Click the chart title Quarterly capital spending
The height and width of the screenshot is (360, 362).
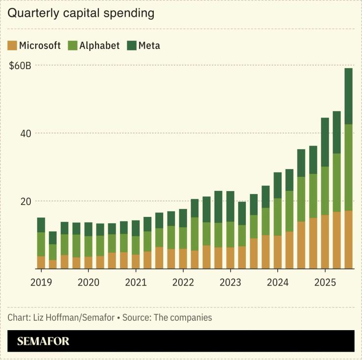pos(81,13)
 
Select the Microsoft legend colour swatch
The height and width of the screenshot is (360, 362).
pos(12,46)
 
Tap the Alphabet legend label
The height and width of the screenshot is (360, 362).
pos(99,46)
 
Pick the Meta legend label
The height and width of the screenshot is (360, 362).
pos(149,46)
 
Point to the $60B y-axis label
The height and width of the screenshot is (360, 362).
pos(20,65)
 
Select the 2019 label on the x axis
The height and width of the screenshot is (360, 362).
pos(41,283)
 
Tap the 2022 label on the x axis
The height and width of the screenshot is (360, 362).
pos(183,283)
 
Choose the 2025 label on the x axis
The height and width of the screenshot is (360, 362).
pos(324,283)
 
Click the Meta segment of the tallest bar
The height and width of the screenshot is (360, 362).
pos(348,96)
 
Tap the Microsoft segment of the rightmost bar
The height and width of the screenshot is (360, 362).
pos(348,240)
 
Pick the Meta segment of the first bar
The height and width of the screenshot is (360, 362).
pos(41,225)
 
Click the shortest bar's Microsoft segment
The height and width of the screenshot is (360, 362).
pos(53,264)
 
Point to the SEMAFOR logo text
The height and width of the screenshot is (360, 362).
pos(43,341)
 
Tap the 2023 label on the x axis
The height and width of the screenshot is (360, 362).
pos(230,283)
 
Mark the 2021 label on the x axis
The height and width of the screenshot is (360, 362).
pos(136,283)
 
